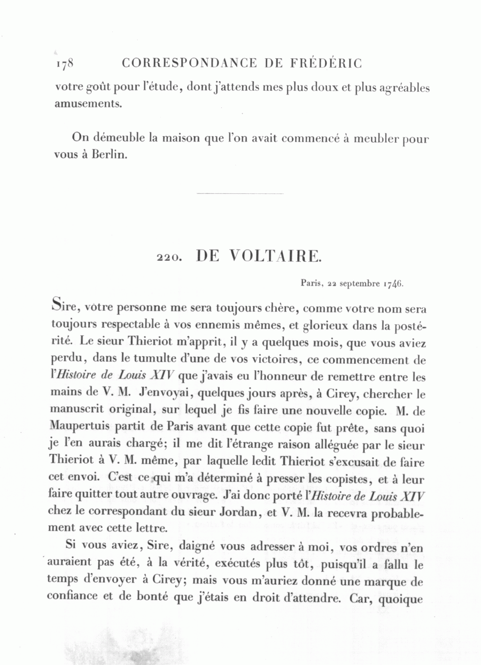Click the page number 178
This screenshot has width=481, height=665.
64,64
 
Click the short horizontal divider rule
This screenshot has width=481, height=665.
240,193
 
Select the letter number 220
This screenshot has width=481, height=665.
169,257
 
